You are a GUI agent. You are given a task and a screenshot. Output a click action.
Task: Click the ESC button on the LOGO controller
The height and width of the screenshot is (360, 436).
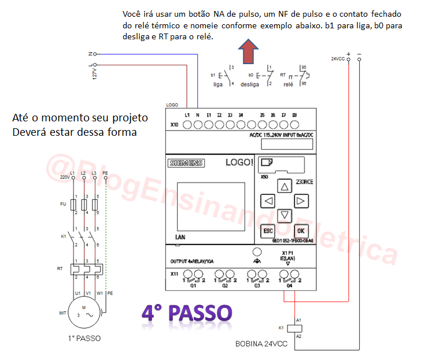click(x=267, y=230)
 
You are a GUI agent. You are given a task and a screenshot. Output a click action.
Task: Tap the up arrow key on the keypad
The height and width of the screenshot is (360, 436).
click(x=283, y=187)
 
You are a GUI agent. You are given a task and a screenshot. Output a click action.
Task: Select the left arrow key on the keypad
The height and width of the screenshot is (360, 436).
click(x=268, y=201)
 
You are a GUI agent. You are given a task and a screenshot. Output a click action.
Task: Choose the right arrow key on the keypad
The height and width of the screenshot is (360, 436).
click(x=300, y=201)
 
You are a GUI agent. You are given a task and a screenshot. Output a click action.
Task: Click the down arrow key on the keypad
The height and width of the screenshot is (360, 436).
click(x=284, y=216)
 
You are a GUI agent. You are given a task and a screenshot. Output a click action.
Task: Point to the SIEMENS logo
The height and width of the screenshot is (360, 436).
click(x=186, y=163)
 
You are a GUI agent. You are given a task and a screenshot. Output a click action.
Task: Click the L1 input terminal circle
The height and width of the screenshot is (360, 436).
click(x=187, y=124)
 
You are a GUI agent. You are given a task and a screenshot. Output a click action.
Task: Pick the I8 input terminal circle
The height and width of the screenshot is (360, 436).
click(x=294, y=124)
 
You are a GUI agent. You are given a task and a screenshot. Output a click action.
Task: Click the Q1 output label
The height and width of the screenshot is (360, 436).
click(x=193, y=285)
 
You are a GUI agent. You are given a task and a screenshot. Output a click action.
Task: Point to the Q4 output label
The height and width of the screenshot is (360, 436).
click(x=289, y=285)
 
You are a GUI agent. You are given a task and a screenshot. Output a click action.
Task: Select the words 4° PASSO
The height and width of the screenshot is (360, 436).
click(x=187, y=313)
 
